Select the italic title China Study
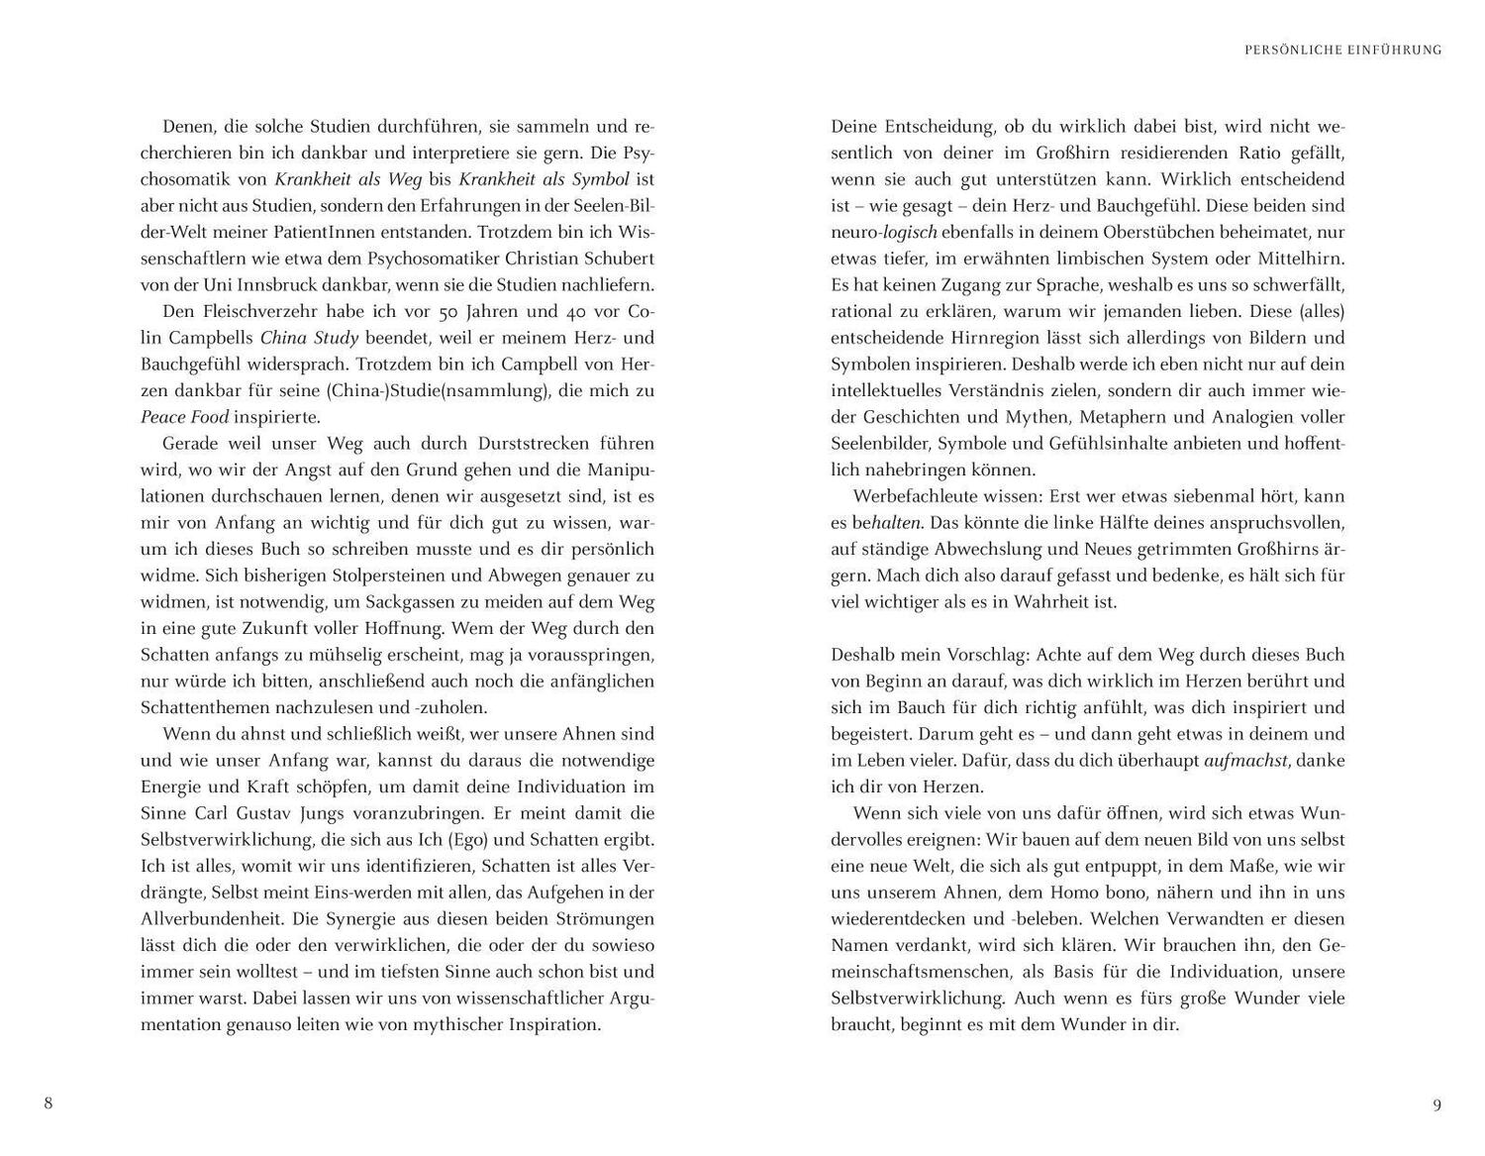pos(309,338)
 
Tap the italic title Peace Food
pos(184,417)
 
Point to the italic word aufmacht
pos(1245,761)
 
